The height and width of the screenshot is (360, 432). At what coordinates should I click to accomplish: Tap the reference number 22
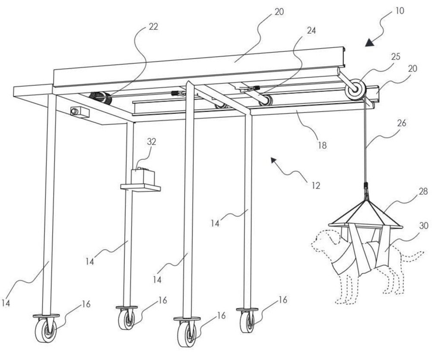click(x=153, y=26)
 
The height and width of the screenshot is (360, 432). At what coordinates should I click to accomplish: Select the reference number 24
click(x=311, y=31)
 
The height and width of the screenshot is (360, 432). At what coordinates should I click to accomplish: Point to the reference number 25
click(x=395, y=57)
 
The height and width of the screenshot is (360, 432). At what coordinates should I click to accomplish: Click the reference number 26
click(x=401, y=123)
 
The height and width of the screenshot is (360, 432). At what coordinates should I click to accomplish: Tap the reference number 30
click(x=424, y=226)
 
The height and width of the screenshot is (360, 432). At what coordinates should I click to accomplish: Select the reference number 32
click(x=151, y=142)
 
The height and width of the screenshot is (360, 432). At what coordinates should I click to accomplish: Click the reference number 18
click(x=322, y=145)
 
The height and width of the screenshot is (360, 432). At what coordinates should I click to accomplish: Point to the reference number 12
click(x=315, y=186)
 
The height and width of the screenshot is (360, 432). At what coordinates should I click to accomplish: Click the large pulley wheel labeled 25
click(x=356, y=90)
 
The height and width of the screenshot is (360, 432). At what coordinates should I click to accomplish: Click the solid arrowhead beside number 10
click(x=370, y=43)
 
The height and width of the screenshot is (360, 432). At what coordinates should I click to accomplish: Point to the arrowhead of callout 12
click(x=274, y=161)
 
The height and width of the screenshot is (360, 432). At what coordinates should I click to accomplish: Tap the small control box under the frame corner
click(x=80, y=112)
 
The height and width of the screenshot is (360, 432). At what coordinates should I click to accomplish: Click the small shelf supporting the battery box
click(x=141, y=187)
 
